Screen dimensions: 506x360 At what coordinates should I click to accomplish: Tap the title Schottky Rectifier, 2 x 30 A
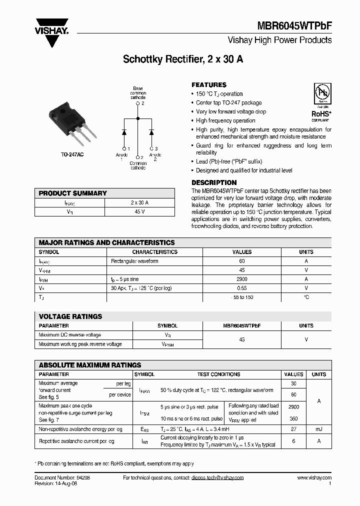pos(183,59)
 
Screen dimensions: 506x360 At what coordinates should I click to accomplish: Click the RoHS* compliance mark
pos(320,114)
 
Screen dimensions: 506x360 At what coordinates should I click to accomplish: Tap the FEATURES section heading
pos(209,85)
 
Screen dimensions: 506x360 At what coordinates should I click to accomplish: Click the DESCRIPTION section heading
pos(214,183)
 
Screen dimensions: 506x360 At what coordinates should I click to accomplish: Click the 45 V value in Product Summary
pos(139,212)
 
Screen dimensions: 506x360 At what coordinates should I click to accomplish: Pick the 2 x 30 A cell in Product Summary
pos(139,203)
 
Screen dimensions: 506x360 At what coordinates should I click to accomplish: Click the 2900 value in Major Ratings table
pos(242,279)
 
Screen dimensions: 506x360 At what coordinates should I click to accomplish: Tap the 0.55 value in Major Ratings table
pos(242,288)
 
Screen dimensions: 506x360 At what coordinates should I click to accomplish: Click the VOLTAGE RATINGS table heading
pos(70,316)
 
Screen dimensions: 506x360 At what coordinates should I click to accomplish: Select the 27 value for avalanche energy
pos(293,428)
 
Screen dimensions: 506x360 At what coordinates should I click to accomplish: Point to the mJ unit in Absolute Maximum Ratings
pos(319,428)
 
